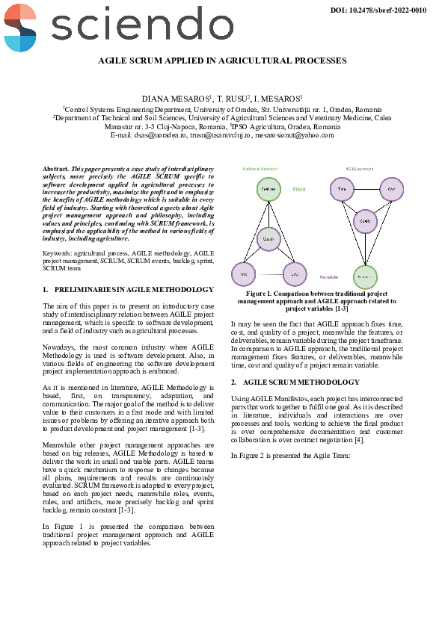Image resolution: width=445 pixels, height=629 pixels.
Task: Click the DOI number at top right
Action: click(x=378, y=10)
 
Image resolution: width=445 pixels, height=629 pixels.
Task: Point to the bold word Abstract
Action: click(x=56, y=170)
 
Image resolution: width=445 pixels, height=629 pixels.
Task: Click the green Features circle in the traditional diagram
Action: click(x=268, y=190)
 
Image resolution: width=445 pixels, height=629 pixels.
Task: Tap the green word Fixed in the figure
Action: click(x=299, y=190)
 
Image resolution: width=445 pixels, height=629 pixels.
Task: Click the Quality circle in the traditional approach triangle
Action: click(x=268, y=239)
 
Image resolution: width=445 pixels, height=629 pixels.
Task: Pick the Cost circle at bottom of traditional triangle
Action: click(x=295, y=274)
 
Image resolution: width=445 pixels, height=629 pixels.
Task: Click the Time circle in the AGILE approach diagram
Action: click(x=342, y=189)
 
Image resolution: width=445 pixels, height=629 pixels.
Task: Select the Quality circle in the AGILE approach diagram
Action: click(x=365, y=222)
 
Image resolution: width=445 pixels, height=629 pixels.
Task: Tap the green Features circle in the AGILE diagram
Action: click(x=365, y=276)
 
